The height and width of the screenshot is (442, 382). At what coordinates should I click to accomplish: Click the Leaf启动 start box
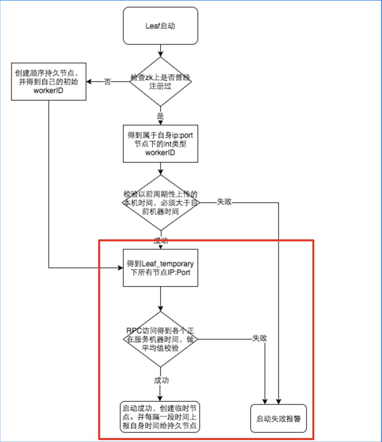160,26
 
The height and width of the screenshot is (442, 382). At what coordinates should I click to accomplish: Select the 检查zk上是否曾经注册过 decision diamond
160,82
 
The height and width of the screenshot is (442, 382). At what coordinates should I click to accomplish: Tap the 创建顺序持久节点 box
49,82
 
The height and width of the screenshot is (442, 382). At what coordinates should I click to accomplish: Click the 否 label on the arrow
107,82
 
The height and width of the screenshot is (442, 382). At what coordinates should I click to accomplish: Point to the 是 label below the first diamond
160,116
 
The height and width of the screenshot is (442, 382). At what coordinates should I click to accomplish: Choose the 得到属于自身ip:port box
160,144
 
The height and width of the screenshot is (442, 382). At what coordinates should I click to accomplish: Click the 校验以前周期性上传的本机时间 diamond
160,203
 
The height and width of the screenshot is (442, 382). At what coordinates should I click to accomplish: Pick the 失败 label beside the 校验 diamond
224,202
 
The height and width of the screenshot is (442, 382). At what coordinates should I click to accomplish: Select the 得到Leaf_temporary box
160,268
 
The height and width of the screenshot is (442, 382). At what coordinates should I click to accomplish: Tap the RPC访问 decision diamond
160,339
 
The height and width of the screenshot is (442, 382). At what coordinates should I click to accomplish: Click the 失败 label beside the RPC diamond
260,338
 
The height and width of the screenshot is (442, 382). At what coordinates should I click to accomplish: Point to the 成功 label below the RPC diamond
161,380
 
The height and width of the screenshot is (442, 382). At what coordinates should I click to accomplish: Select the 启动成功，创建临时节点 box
160,417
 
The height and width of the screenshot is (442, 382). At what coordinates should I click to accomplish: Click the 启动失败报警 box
278,419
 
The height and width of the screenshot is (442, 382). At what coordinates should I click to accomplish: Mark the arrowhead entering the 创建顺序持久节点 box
89,82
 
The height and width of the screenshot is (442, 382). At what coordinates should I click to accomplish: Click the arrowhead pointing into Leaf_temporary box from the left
121,268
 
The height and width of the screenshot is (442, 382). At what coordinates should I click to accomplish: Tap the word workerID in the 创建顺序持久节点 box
48,91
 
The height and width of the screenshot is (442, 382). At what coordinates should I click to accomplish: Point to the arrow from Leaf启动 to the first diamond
160,51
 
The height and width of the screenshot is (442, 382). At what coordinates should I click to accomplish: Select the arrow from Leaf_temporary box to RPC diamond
160,299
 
